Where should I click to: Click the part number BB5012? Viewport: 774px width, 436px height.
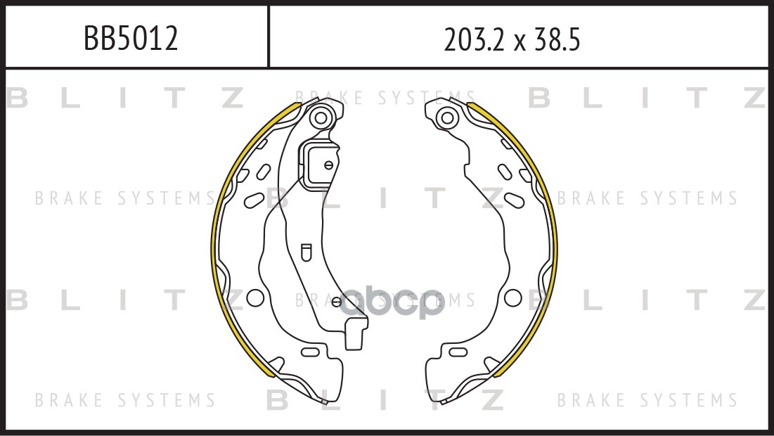click(131, 38)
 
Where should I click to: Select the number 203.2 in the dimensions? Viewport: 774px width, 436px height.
click(475, 39)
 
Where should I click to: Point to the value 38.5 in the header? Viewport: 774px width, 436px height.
click(557, 39)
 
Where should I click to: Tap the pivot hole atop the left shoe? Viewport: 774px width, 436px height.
click(321, 118)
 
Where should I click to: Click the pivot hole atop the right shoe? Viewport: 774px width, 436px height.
click(447, 118)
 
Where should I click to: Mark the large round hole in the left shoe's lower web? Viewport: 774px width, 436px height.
click(255, 297)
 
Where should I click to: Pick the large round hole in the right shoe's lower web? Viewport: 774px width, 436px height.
click(513, 297)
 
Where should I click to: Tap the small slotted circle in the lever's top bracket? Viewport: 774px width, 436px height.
click(328, 165)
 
